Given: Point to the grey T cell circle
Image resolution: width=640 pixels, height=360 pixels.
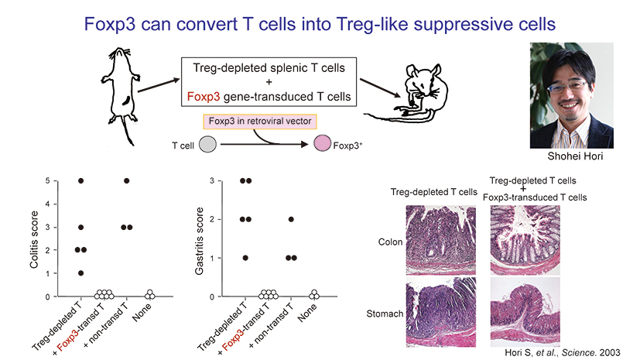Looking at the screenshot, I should (x=207, y=144).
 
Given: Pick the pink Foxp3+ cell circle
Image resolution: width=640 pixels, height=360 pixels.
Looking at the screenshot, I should (x=323, y=144).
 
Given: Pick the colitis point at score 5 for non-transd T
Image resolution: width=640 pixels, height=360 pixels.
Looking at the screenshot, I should (x=126, y=180).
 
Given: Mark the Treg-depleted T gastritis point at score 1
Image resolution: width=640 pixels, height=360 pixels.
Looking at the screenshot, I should (x=245, y=258).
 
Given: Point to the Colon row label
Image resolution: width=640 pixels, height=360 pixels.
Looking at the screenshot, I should (x=390, y=242).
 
